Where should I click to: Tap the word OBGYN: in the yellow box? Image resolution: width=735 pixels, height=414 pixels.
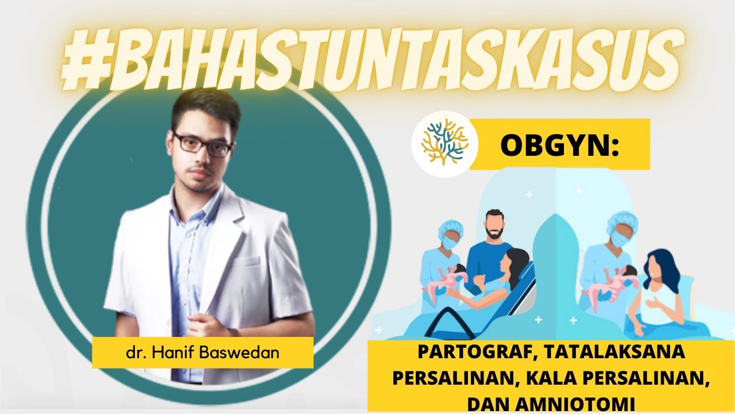pos(560,145)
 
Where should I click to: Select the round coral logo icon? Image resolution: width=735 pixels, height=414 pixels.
pos(441,143)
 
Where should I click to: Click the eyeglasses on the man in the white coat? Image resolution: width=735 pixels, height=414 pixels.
pos(202,144)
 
